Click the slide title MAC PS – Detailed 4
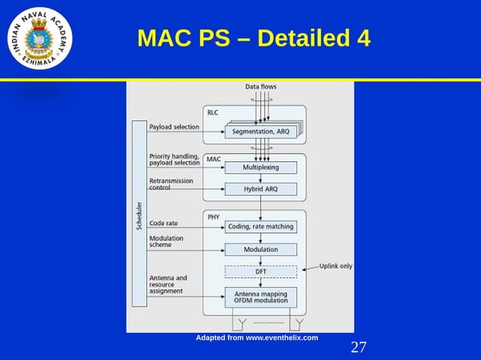(x=253, y=38)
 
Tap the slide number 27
(x=359, y=347)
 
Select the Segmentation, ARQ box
(x=260, y=132)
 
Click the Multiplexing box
(x=260, y=167)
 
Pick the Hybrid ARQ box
(x=260, y=189)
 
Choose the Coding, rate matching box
(x=260, y=226)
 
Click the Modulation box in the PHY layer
(x=260, y=249)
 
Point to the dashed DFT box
(x=260, y=272)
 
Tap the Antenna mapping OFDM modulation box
(x=260, y=297)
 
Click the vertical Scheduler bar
(x=139, y=214)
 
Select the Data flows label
(x=261, y=87)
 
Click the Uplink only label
(x=335, y=266)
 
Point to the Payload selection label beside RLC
(x=174, y=127)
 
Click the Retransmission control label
(x=171, y=185)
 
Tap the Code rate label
(x=165, y=223)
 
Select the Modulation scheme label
(x=167, y=241)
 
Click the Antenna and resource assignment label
(x=169, y=285)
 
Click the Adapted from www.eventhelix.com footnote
(x=257, y=337)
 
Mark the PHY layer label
(x=213, y=216)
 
